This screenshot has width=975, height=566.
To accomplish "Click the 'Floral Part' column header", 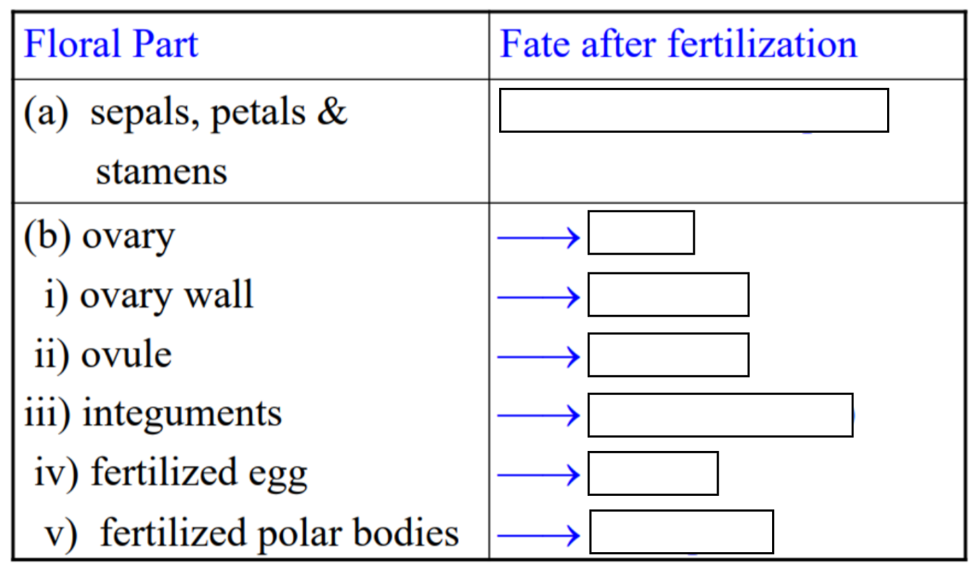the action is coord(111,45).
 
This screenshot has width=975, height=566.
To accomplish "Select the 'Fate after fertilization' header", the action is coord(678,45).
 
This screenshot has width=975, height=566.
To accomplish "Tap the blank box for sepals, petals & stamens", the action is coord(693,110).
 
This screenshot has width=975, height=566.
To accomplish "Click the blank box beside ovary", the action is coord(641,233).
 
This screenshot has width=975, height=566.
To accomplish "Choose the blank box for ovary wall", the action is coord(668,294).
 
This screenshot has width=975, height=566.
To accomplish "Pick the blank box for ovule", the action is coord(668,355).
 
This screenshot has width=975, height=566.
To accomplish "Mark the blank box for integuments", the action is coord(720,415).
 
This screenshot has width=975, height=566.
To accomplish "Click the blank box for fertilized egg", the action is coord(652,473).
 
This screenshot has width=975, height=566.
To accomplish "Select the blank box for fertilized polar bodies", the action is coord(681,532).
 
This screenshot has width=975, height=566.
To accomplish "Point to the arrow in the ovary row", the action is coord(538,237).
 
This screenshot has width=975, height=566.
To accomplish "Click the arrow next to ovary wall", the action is coord(538,298).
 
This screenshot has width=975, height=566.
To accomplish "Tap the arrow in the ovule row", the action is coord(538,357).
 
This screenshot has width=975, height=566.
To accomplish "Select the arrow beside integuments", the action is coord(538,416).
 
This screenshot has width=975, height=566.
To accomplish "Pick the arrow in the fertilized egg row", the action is coord(538,475).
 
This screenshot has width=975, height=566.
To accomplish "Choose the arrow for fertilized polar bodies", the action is coord(538,535).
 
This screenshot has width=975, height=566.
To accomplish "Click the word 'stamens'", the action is coord(161,172).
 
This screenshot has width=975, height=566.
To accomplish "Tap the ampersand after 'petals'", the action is coord(332,111).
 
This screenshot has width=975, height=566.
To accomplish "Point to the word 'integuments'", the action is coord(182,414).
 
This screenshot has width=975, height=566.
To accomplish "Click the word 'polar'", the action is coord(299,534).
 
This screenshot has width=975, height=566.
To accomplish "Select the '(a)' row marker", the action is coord(46,112).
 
